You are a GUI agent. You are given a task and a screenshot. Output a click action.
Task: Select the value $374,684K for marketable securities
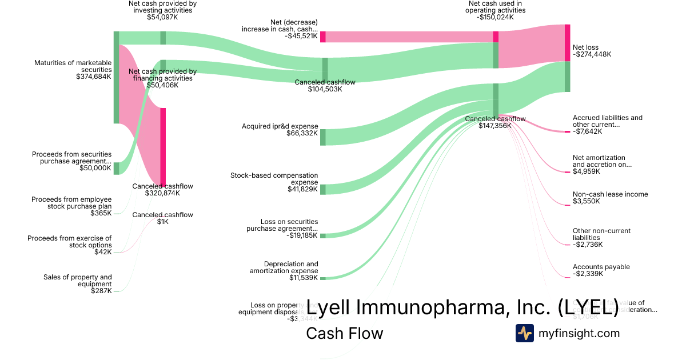coord(94,76)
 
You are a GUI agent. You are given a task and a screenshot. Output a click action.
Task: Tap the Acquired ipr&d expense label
coord(280,126)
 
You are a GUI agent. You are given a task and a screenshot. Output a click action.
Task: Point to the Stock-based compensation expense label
coord(274,178)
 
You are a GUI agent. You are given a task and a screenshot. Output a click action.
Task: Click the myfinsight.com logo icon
coord(524,333)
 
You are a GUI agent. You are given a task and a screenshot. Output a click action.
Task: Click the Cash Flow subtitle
coord(345,333)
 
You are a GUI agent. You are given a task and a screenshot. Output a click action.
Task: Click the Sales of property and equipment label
coord(78,281)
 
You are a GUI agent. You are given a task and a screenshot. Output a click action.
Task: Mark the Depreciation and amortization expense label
coord(284,267)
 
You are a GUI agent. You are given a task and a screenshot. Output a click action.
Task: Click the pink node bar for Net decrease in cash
coord(323,37)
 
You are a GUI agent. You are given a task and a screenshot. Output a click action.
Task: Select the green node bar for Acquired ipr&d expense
coord(323,137)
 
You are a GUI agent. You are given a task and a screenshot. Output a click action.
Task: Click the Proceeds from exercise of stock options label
coord(70,242)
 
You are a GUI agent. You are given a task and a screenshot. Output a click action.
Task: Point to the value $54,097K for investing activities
coord(163,17)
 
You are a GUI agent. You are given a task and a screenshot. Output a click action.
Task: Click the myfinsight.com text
coord(579,333)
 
